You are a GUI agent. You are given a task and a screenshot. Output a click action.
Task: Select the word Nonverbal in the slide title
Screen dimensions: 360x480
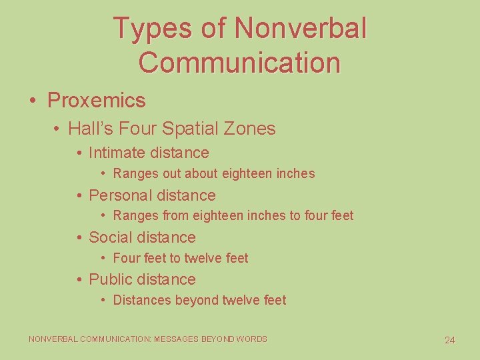click(301, 29)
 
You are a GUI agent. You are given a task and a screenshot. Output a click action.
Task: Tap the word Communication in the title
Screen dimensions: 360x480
click(240, 63)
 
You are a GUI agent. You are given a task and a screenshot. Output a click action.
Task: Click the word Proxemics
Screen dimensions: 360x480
click(96, 101)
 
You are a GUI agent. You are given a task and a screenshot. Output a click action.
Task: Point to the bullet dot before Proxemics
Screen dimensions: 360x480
click(33, 101)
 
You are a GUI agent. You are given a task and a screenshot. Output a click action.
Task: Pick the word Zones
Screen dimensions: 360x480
click(251, 128)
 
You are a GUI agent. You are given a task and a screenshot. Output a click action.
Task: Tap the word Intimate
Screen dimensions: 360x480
click(116, 153)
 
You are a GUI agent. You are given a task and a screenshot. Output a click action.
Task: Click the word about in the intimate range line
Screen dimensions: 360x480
click(215, 173)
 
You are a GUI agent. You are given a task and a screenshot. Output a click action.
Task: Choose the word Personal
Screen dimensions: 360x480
click(119, 195)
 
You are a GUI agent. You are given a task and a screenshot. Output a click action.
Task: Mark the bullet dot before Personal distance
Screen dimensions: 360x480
click(79, 196)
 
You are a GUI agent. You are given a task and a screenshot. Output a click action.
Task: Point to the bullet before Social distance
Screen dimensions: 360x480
click(79, 238)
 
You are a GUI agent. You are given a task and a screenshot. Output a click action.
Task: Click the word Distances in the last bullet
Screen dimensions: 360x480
click(142, 300)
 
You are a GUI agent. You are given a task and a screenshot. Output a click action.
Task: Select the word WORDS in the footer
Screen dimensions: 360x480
click(253, 339)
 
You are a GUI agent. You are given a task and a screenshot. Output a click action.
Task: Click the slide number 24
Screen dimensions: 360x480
click(449, 340)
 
